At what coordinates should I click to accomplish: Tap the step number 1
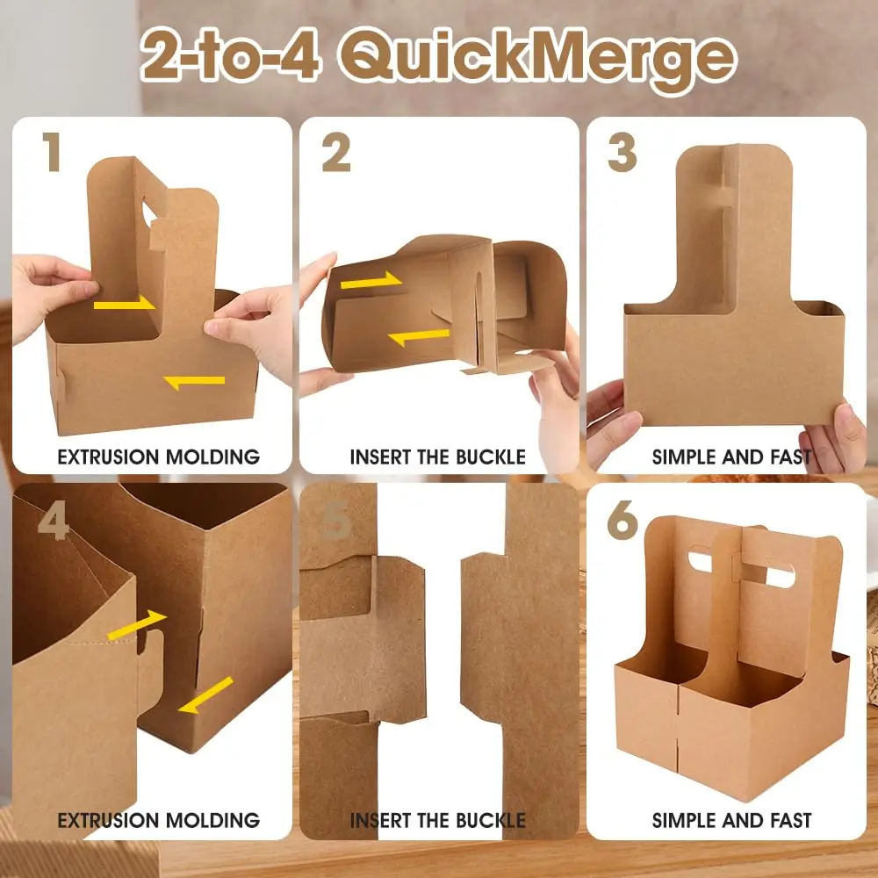click(52, 153)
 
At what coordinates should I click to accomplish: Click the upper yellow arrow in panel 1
click(124, 304)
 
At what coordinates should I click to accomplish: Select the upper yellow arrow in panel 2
click(371, 281)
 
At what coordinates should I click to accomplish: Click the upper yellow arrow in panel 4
click(136, 624)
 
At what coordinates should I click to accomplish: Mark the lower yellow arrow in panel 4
click(205, 694)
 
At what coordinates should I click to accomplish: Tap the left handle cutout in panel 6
click(700, 558)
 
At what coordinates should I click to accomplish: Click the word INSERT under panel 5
click(380, 821)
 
